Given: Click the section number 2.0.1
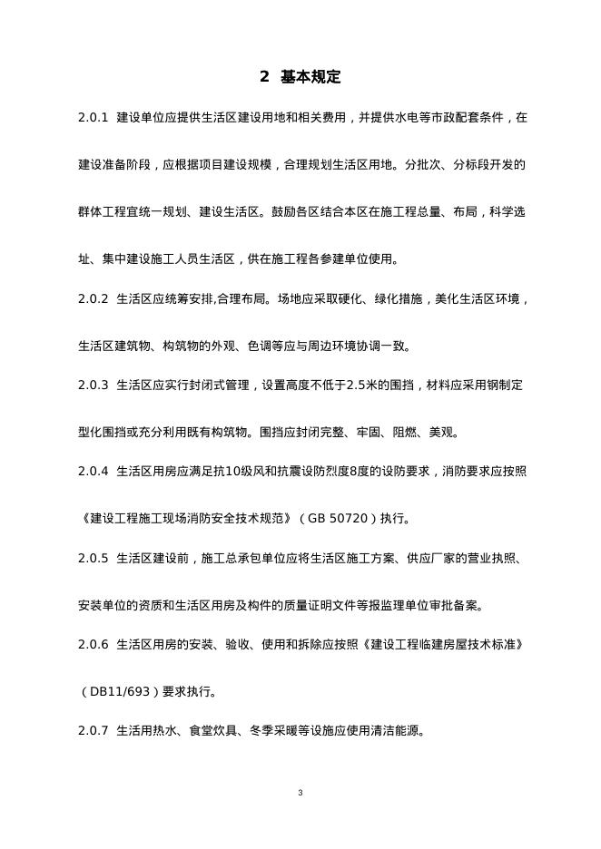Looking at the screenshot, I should pos(94,118).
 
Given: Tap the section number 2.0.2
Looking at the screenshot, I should pos(94,298).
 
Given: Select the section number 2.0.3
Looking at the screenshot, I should pos(94,385).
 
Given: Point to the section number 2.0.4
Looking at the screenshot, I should pos(94,472).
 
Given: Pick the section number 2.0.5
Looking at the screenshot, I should pos(94,559).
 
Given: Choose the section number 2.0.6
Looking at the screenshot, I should pos(94,646).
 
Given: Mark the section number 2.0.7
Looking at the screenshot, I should pos(94,732).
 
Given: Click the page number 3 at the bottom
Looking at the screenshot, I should pos(300,794).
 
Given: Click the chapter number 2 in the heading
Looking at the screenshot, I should pos(264,77).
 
